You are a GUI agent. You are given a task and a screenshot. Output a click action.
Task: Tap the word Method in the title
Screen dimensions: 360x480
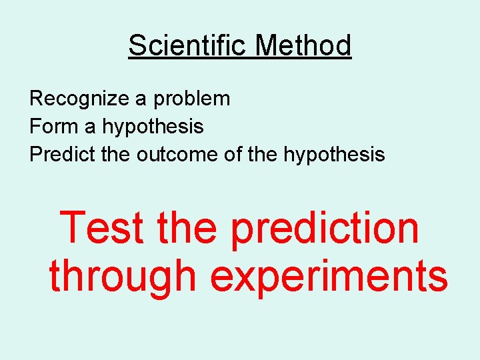(x=303, y=46)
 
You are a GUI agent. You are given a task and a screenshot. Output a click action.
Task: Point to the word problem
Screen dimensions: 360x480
(x=192, y=99)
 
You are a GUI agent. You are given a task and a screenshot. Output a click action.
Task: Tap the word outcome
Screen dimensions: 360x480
(x=176, y=155)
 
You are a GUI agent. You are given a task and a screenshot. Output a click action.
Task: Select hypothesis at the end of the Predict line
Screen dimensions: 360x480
(x=334, y=155)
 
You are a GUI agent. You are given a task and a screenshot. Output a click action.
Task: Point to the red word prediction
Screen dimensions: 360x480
(x=325, y=229)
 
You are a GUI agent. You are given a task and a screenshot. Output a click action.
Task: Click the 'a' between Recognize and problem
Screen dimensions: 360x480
(x=141, y=100)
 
